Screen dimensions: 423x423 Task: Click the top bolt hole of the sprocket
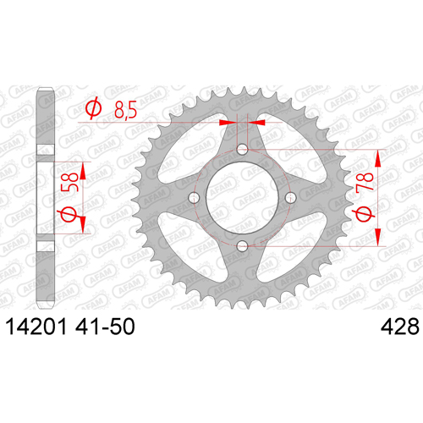(242, 150)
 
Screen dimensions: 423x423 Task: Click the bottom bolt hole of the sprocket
(242, 246)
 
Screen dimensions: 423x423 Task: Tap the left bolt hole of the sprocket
(194, 198)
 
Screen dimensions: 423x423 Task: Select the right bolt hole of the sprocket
(290, 198)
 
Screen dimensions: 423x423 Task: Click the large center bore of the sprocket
(242, 198)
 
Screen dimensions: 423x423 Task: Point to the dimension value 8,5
(125, 110)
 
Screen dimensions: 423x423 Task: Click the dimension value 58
(69, 182)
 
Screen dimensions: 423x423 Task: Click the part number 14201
(36, 327)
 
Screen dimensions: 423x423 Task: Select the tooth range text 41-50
(105, 327)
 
